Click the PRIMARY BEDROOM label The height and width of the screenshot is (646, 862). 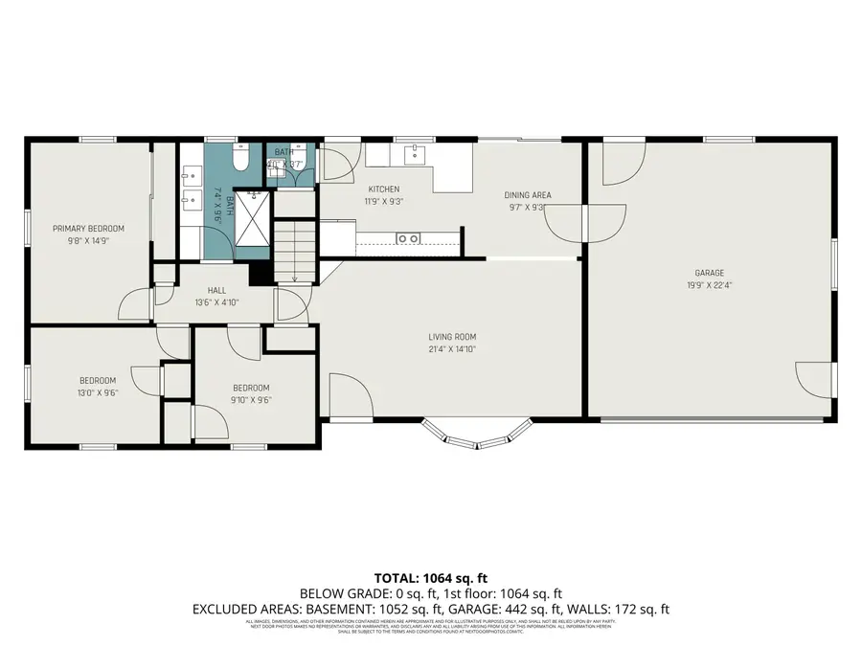(88, 229)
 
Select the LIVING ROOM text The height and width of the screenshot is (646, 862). (452, 337)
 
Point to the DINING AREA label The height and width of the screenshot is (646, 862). (528, 195)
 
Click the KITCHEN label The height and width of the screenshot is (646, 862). (382, 189)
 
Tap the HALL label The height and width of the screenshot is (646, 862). (216, 290)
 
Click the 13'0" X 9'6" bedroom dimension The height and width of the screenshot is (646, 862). (97, 392)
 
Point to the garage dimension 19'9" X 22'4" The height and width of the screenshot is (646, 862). (710, 284)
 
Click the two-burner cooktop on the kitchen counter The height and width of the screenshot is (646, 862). (409, 237)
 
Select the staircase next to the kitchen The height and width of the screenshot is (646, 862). (294, 251)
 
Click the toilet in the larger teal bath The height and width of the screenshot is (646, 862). (240, 158)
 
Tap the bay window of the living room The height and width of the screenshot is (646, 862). (478, 436)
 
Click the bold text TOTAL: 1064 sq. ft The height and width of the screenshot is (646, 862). (431, 578)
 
